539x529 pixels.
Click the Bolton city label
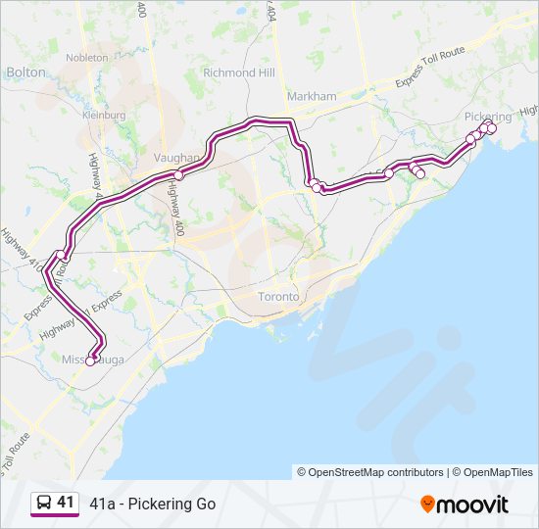tap(25, 72)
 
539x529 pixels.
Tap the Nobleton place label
tap(87, 58)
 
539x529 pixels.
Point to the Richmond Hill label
tap(238, 72)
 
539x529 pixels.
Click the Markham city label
tap(312, 96)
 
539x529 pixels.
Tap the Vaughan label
tap(176, 157)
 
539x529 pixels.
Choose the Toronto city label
tap(277, 296)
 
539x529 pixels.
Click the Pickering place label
tap(487, 117)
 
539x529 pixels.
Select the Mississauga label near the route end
tap(94, 360)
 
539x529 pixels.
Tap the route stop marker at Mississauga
tap(90, 361)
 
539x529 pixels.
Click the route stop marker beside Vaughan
tap(179, 175)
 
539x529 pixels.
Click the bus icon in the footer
tap(44, 504)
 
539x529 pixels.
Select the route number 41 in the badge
tap(65, 503)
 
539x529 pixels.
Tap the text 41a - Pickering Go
tap(152, 505)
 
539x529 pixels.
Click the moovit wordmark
tap(473, 505)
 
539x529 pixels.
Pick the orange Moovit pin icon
tap(427, 505)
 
